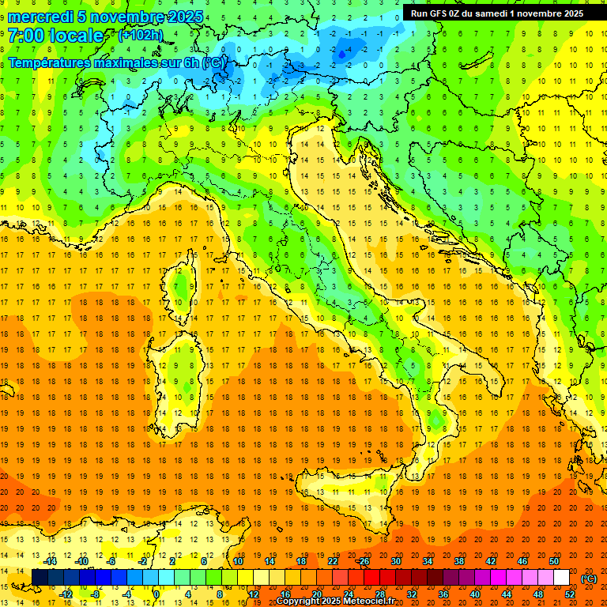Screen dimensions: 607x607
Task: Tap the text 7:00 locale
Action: pyautogui.click(x=55, y=36)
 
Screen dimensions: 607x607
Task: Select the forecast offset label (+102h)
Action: pyautogui.click(x=140, y=36)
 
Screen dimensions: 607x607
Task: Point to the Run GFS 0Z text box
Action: pyautogui.click(x=497, y=13)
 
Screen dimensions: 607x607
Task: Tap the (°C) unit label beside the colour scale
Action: pyautogui.click(x=588, y=578)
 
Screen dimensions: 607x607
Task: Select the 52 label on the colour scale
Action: pyautogui.click(x=569, y=594)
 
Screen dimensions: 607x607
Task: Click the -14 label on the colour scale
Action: pyautogui.click(x=51, y=561)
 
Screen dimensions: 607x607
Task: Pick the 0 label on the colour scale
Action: pyautogui.click(x=156, y=594)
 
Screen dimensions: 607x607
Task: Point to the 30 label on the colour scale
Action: pyautogui.click(x=396, y=561)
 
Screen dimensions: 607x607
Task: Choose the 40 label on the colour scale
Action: pyautogui.click(x=475, y=594)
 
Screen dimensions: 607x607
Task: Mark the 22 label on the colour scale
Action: pyautogui.click(x=333, y=561)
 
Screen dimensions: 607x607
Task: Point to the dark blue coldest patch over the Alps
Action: pyautogui.click(x=341, y=53)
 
